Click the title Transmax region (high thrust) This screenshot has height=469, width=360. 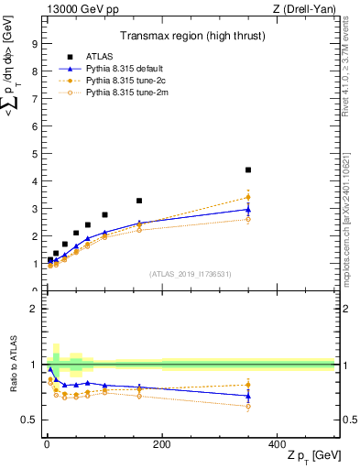tap(188, 38)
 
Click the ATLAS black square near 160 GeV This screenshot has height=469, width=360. tap(139, 201)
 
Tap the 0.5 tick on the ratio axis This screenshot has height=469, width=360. tap(30, 420)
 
